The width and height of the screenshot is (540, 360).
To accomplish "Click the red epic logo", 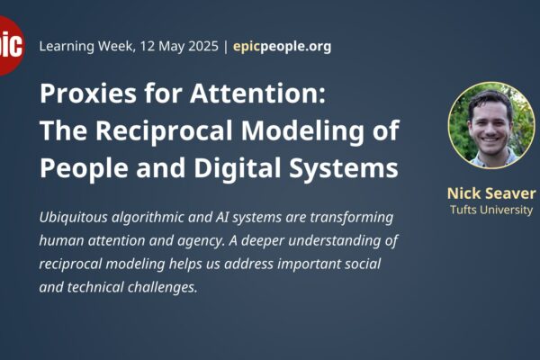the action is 11,46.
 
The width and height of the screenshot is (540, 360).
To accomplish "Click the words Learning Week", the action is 86,46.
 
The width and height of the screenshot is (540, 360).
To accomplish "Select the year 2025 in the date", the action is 202,46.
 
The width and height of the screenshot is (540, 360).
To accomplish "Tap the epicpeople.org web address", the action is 282,47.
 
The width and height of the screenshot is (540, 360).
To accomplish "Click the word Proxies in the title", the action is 88,94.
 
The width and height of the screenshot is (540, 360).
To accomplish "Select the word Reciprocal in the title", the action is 164,131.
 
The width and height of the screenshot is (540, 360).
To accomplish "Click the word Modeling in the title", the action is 302,131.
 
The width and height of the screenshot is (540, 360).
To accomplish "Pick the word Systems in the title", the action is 344,169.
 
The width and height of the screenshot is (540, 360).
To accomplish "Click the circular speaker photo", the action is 491,125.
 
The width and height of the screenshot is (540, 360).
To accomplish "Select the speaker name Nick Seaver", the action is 491,193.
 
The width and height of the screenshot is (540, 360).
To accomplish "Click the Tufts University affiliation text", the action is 491,210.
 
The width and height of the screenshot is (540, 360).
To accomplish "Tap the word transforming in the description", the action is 352,218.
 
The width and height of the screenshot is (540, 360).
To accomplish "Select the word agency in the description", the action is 201,241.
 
